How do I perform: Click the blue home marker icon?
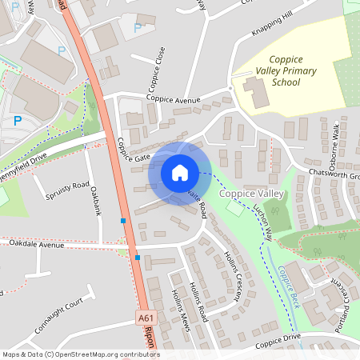(180, 173)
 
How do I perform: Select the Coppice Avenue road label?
(172, 99)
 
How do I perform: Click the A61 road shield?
(145, 318)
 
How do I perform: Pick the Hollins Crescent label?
(231, 276)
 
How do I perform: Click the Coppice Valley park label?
(252, 194)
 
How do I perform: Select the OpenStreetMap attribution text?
(80, 354)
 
